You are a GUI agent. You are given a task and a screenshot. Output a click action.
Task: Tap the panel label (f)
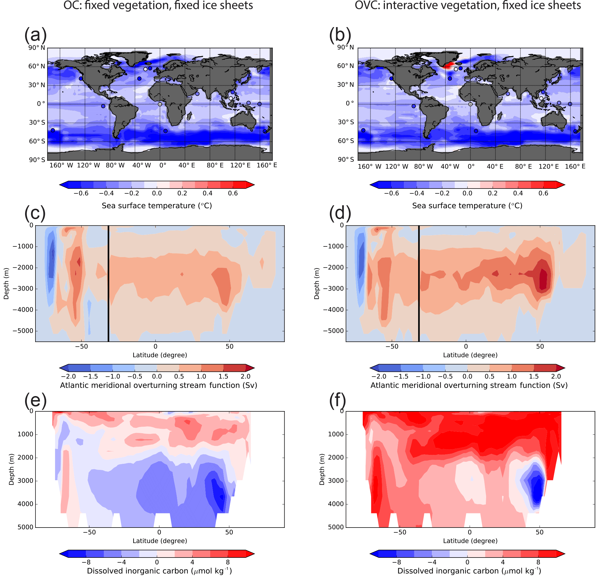pyautogui.click(x=337, y=400)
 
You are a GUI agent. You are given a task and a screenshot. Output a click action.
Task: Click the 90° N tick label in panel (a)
pyautogui.click(x=37, y=48)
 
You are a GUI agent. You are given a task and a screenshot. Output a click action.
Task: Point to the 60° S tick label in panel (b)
pyautogui.click(x=345, y=141)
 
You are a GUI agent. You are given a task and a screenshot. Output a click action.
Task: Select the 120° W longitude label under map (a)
pyautogui.click(x=88, y=165)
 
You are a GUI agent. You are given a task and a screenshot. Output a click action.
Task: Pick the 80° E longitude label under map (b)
pyautogui.click(x=523, y=167)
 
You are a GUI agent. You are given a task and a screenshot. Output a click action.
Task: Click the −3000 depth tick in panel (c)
pyautogui.click(x=23, y=289)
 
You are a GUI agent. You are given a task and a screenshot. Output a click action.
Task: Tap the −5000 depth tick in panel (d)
pyautogui.click(x=333, y=331)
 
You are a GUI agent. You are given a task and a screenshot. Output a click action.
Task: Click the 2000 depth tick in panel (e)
pyautogui.click(x=25, y=457)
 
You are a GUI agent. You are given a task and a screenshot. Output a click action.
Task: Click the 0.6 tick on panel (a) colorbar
pyautogui.click(x=233, y=193)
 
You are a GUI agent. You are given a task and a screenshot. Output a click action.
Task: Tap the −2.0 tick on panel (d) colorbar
pyautogui.click(x=379, y=376)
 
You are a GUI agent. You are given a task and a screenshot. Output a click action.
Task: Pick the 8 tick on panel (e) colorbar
pyautogui.click(x=228, y=562)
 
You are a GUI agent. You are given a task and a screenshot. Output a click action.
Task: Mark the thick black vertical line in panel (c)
pyautogui.click(x=108, y=283)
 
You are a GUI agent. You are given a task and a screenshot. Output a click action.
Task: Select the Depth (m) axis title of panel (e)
pyautogui.click(x=12, y=469)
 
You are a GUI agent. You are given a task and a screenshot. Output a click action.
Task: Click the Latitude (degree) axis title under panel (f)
pyautogui.click(x=470, y=541)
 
